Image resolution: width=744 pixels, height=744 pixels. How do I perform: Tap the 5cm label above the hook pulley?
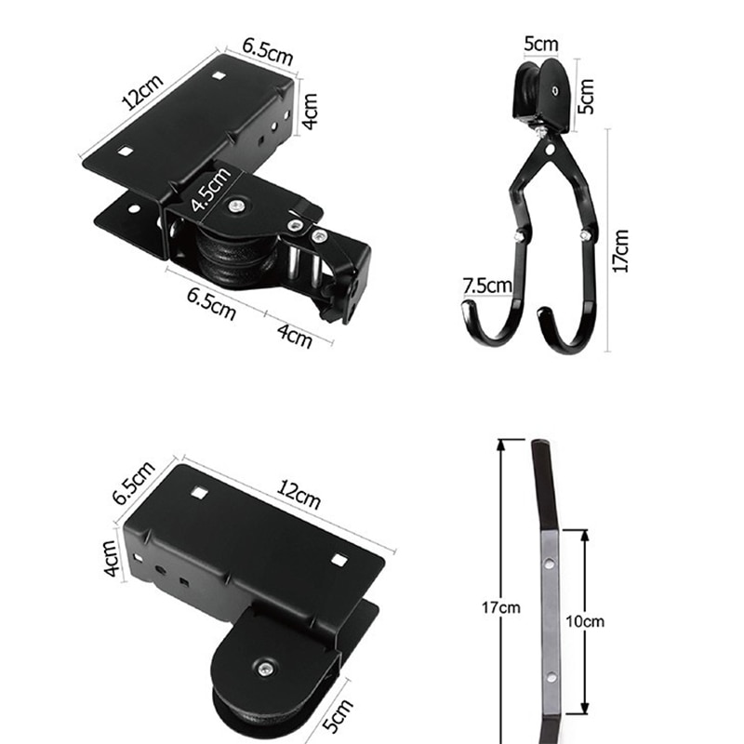point(540,44)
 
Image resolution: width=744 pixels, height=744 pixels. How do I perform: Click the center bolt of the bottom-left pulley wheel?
point(266,667)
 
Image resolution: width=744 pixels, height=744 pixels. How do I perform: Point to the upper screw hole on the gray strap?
point(549,563)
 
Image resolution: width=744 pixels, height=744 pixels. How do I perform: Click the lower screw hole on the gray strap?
point(550,676)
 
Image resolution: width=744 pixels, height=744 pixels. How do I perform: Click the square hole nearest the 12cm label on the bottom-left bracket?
point(339,560)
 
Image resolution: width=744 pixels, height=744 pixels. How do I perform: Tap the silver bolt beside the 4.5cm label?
point(241,206)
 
